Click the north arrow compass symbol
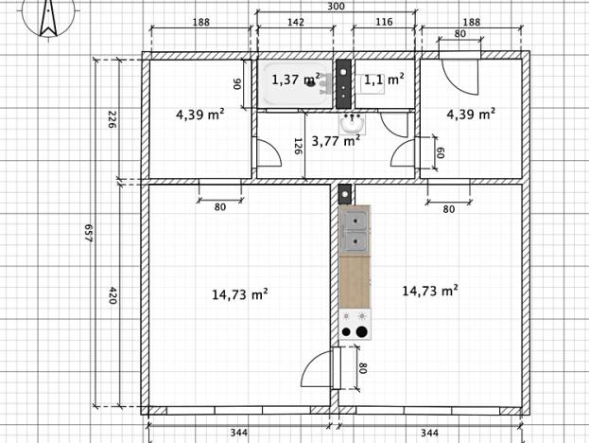click(48, 18)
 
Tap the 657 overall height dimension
click(89, 233)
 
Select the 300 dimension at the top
click(336, 7)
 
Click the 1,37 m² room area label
click(296, 80)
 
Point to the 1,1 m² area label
click(384, 80)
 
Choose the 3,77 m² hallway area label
click(336, 141)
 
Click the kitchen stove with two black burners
click(355, 325)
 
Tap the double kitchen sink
click(355, 231)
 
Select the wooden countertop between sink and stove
click(355, 283)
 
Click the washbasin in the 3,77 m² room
click(352, 123)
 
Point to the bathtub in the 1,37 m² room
click(295, 83)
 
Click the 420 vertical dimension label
click(113, 295)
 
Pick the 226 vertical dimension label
click(112, 119)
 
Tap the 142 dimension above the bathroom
click(296, 22)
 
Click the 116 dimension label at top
click(384, 22)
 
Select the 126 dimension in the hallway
click(298, 147)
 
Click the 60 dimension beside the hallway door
click(440, 152)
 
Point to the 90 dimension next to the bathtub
click(237, 84)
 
